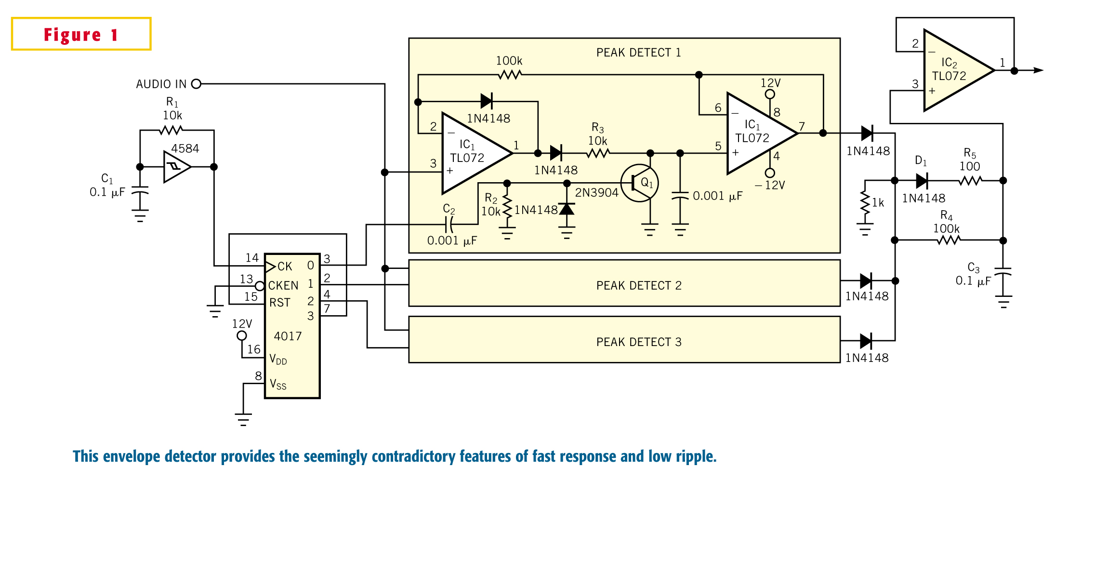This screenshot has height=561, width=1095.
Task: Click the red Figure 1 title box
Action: [x=81, y=34]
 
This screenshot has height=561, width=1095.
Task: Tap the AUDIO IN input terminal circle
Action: [x=196, y=84]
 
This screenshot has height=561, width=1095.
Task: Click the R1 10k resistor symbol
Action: [x=171, y=130]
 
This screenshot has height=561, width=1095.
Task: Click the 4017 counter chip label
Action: [x=288, y=336]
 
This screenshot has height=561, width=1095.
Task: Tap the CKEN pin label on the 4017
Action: [x=283, y=286]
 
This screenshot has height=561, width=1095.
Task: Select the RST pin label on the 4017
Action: [x=280, y=303]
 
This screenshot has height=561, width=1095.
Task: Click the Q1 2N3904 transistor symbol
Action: [x=640, y=183]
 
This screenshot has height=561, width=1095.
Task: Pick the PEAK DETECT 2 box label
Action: [x=639, y=286]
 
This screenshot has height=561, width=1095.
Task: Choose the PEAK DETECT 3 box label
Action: [x=639, y=342]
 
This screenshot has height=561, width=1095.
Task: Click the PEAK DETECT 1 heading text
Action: [x=639, y=53]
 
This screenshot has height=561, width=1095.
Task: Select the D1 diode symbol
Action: [x=922, y=181]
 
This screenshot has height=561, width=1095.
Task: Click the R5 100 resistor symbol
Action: [x=970, y=181]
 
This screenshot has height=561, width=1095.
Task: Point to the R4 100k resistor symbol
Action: [x=949, y=240]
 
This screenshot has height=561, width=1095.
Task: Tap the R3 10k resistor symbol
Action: [x=598, y=153]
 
